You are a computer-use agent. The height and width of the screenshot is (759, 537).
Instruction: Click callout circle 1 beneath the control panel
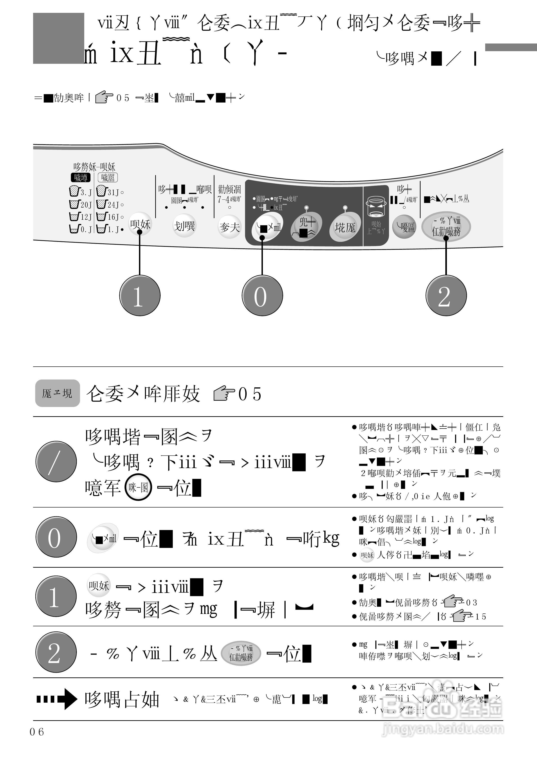tap(140, 295)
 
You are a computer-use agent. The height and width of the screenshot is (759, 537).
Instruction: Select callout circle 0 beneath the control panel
tap(262, 295)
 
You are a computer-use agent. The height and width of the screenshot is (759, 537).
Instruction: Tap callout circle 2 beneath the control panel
tap(446, 295)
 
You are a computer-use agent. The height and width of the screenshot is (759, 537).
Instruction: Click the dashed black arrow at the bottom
tap(57, 699)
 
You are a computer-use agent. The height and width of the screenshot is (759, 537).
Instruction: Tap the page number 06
tap(37, 732)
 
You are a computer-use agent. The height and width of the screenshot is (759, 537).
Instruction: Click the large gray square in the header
tap(59, 38)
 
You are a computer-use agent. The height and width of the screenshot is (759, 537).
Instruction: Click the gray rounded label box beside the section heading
tap(57, 393)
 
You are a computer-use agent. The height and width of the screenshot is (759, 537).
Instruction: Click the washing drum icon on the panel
tap(376, 207)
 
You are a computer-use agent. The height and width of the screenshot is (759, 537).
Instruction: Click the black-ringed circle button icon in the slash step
tap(138, 487)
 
